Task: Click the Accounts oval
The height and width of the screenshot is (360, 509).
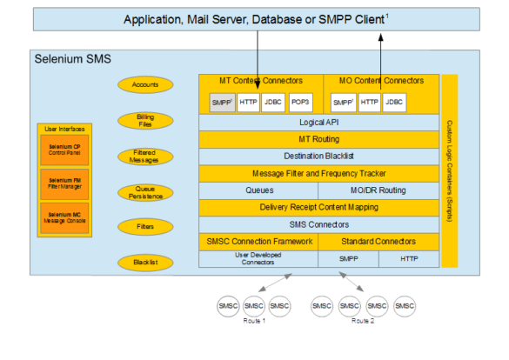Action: point(145,85)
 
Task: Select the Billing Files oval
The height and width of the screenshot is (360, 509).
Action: point(145,120)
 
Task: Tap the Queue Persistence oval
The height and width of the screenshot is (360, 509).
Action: point(145,191)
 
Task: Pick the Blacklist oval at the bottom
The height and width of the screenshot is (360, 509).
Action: point(145,262)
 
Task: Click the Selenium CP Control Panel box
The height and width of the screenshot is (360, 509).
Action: point(64,150)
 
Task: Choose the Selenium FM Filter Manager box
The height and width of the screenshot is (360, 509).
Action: point(64,182)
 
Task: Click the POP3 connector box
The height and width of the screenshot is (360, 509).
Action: point(300,103)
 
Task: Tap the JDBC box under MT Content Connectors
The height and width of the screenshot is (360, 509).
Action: point(274,103)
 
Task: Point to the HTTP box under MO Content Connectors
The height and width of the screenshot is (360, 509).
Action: point(369,103)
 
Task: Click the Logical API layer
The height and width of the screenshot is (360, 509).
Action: point(318,123)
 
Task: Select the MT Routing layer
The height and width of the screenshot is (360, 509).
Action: point(318,139)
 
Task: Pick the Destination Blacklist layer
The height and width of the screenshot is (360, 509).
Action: point(318,156)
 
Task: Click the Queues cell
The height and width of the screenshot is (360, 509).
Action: point(260,190)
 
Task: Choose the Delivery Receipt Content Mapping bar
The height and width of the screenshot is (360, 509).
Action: point(318,207)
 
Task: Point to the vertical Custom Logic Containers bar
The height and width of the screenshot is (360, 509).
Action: point(449,170)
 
